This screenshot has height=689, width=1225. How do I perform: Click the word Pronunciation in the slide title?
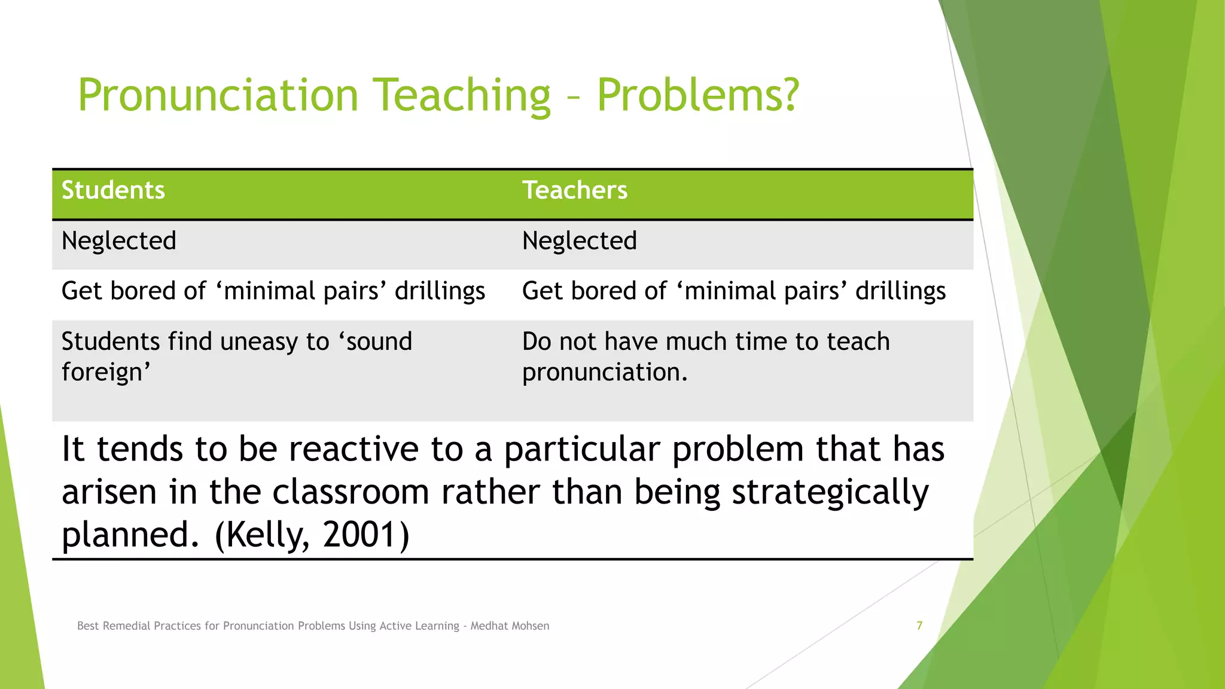[218, 96]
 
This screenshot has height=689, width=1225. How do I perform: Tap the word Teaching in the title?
[462, 96]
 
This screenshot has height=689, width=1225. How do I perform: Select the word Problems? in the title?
[697, 96]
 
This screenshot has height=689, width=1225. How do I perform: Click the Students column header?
[113, 190]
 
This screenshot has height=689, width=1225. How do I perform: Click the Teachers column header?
[574, 190]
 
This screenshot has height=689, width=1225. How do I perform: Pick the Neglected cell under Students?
[118, 241]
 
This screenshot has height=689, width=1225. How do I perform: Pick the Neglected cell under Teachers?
[579, 241]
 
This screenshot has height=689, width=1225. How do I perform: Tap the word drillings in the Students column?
[440, 291]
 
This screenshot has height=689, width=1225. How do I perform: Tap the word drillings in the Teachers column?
[900, 291]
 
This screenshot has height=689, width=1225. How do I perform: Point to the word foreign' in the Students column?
[105, 373]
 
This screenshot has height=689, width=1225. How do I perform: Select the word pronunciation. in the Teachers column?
[604, 373]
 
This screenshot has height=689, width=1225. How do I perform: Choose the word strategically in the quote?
[830, 492]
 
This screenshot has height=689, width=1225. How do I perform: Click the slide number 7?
[919, 626]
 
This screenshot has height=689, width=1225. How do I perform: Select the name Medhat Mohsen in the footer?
[510, 626]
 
